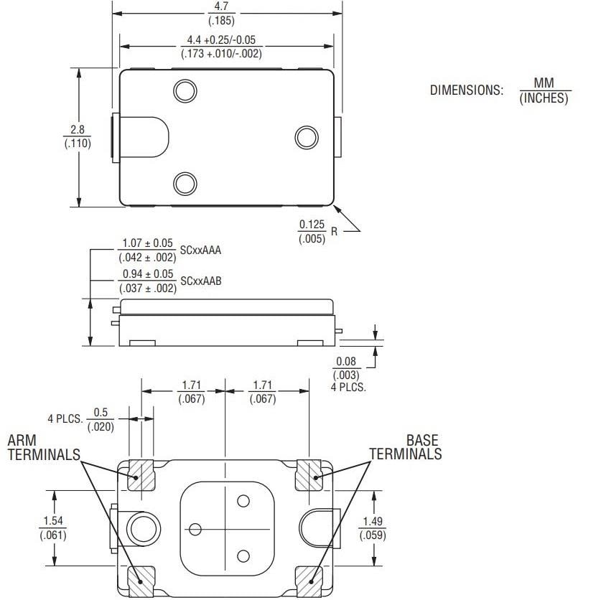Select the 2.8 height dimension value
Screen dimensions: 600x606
pos(77,130)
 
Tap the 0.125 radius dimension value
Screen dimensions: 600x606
pos(312,225)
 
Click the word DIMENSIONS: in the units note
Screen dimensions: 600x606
pos(466,90)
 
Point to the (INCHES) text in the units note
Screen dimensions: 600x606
pos(543,98)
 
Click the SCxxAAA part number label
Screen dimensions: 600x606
pos(200,250)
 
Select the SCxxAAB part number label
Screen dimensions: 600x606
pos(200,281)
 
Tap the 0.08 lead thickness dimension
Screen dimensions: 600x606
pos(346,362)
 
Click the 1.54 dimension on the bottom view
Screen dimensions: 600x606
pos(52,521)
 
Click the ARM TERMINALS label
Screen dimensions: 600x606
pos(43,447)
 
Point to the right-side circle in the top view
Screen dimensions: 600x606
pos(307,137)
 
